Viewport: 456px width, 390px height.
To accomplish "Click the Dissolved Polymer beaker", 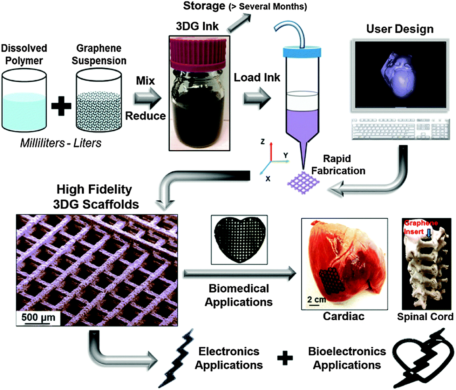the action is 24,100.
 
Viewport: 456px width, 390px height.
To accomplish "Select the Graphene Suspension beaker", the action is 99,100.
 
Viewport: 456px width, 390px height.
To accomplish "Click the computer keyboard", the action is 400,129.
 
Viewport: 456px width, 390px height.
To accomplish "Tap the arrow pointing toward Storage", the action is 239,23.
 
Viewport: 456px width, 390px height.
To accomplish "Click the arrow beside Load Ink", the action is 257,98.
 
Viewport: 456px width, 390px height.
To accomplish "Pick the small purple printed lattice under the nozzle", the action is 303,183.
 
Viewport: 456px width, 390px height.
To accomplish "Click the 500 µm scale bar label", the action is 38,317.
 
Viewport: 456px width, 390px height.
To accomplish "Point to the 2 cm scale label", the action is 317,299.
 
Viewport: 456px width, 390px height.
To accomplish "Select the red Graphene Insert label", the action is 421,227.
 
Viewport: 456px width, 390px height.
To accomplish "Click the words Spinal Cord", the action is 425,317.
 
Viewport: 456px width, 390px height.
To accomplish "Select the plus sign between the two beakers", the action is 61,106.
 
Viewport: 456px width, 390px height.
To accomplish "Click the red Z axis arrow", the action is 271,151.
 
